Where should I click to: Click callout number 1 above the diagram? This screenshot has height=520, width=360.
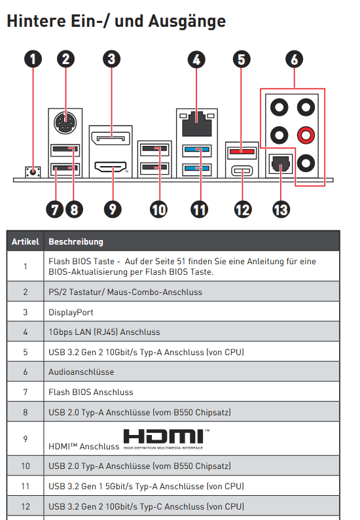pos(33,59)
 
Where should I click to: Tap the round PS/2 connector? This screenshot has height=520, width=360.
pos(65,123)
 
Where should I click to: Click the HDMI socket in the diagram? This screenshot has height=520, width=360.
pos(111,167)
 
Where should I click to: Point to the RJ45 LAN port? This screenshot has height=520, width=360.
pos(197,124)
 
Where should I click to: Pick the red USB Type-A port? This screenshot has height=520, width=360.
pos(242,152)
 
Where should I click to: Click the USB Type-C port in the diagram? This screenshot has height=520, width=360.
pos(242,171)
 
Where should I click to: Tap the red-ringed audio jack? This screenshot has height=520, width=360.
pos(306,135)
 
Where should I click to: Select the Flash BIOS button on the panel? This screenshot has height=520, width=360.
pos(33,172)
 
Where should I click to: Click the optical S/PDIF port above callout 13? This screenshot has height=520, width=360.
pos(281,163)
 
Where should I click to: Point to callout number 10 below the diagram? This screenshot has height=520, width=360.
pos(158,209)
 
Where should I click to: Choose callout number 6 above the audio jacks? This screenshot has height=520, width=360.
pos(295,59)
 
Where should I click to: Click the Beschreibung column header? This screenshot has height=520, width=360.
pos(76,242)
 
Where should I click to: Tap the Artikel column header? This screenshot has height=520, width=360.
pos(26,242)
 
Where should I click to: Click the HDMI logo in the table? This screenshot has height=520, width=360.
pos(166,439)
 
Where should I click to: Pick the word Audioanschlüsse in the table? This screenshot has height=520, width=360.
pos(81,372)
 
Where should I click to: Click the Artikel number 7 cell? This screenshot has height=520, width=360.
pos(26,392)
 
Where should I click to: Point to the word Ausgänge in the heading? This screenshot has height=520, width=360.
pos(187,22)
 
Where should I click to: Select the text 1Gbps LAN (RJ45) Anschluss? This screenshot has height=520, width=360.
pos(104,332)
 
